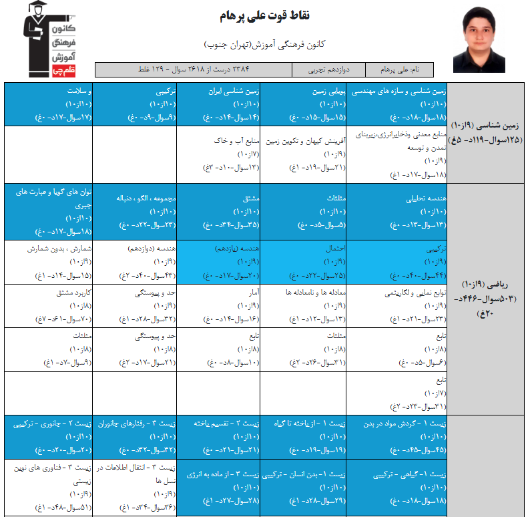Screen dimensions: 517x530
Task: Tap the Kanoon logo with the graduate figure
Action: [51, 39]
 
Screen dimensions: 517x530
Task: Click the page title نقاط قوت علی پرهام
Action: [264, 15]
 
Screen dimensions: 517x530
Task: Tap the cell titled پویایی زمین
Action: [304, 104]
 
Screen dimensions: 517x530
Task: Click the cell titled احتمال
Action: [304, 262]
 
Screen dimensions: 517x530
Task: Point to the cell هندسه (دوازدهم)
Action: [134, 262]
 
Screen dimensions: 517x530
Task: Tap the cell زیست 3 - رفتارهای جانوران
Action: [134, 436]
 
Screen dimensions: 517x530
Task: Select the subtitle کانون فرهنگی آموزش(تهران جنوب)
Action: [264, 45]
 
